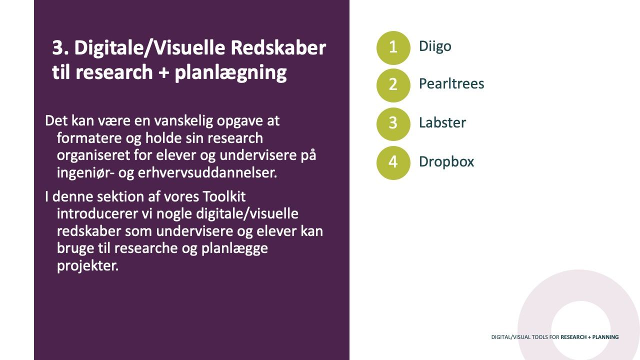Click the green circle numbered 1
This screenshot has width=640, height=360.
point(393,47)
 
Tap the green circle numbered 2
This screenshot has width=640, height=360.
point(393,85)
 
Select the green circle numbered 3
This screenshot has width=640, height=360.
point(393,124)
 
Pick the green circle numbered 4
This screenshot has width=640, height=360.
point(393,163)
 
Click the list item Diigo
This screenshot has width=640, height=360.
point(435,46)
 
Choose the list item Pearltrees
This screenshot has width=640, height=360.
point(451,83)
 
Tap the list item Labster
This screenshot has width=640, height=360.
point(442,122)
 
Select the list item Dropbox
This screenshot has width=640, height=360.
point(446,161)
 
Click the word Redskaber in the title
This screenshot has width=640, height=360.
point(278,47)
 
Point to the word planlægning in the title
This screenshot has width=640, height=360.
point(230,73)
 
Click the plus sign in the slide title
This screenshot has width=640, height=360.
point(163,72)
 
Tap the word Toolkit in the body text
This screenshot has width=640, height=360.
point(224,196)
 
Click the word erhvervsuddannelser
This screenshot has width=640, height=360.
point(207,173)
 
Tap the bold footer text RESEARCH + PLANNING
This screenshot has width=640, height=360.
point(589,337)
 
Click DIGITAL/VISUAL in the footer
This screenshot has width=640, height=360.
point(510,337)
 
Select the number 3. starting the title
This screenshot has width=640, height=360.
point(60,48)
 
